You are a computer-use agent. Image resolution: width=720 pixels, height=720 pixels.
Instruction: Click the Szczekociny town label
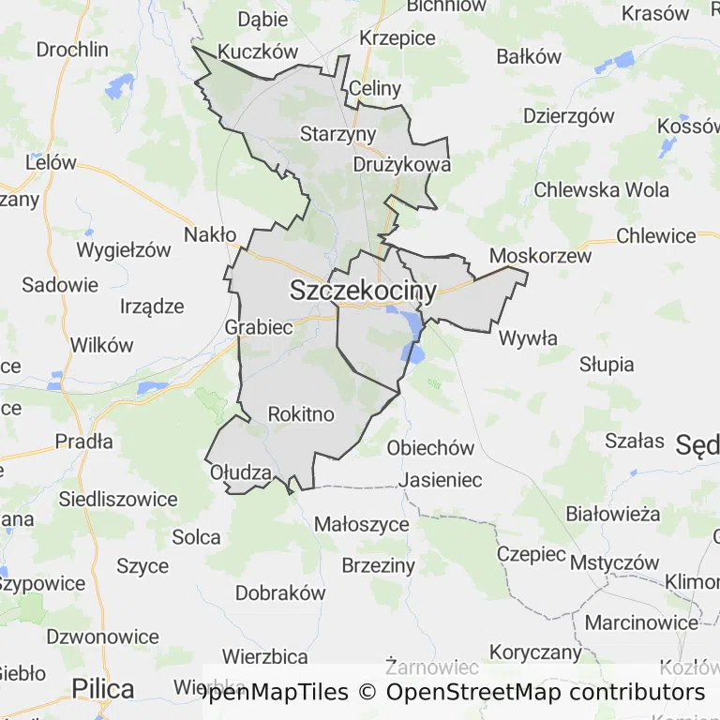[363, 291]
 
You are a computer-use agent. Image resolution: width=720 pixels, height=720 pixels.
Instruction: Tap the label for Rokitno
[301, 413]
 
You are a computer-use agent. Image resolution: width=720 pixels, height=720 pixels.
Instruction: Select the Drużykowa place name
[402, 164]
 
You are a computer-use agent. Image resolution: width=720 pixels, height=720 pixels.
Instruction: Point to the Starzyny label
[337, 134]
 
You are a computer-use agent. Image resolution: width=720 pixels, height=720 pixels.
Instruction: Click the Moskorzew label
[541, 256]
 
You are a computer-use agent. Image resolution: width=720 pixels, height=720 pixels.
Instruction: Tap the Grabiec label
[259, 327]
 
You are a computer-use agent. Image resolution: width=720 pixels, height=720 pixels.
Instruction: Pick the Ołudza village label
[241, 472]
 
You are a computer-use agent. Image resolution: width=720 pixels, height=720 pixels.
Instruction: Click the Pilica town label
[103, 689]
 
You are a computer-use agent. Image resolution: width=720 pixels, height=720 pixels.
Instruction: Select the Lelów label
[51, 162]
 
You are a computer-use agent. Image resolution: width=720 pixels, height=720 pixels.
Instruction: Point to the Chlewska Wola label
[601, 190]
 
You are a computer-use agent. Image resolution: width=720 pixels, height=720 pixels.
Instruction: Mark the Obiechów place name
[430, 448]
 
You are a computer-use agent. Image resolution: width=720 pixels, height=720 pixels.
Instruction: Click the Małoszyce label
[361, 524]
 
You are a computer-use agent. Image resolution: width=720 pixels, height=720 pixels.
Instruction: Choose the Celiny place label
[374, 89]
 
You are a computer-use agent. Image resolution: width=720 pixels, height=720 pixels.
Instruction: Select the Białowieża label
[613, 514]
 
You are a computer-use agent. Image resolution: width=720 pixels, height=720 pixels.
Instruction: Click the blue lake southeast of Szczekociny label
[412, 325]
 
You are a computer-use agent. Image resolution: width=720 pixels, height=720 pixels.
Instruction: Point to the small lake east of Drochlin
[120, 87]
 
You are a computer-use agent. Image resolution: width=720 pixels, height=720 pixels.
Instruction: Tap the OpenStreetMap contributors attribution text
[545, 693]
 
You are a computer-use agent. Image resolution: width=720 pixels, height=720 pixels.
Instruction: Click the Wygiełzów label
[124, 250]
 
